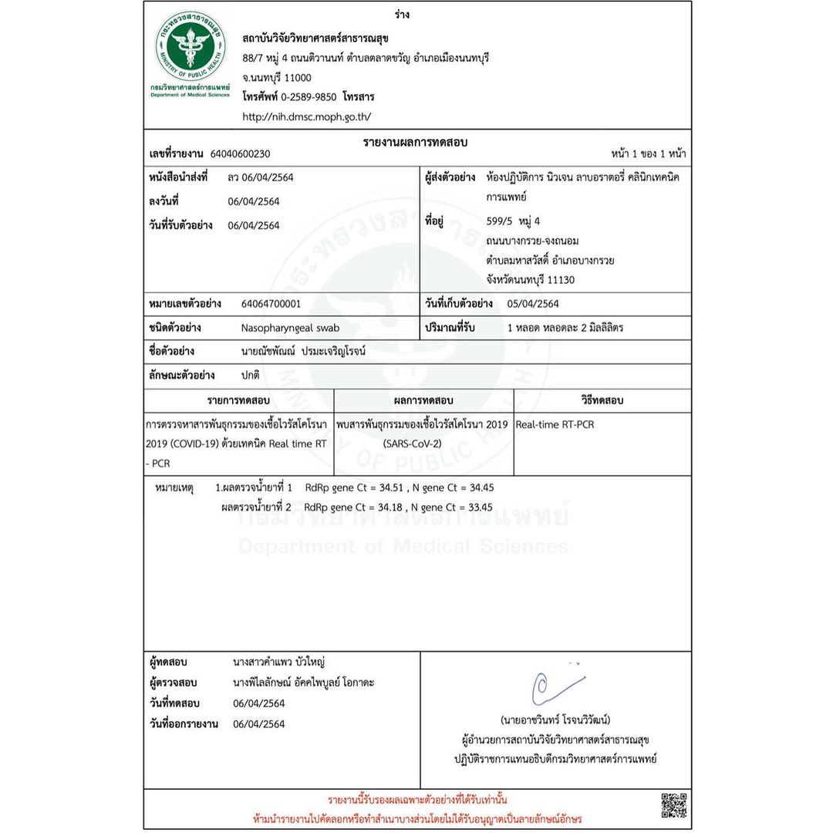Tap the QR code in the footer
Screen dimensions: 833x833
pyautogui.click(x=674, y=804)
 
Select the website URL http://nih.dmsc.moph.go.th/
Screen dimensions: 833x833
pyautogui.click(x=307, y=117)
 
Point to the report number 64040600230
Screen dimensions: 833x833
pyautogui.click(x=240, y=153)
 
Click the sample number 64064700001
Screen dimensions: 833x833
pyautogui.click(x=271, y=304)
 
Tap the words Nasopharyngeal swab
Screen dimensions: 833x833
pyautogui.click(x=289, y=328)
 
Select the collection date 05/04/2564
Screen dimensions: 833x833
pyautogui.click(x=533, y=304)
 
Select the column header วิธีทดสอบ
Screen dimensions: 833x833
pyautogui.click(x=602, y=400)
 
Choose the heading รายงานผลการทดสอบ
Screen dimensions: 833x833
pyautogui.click(x=416, y=143)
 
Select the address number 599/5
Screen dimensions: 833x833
pyautogui.click(x=502, y=221)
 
